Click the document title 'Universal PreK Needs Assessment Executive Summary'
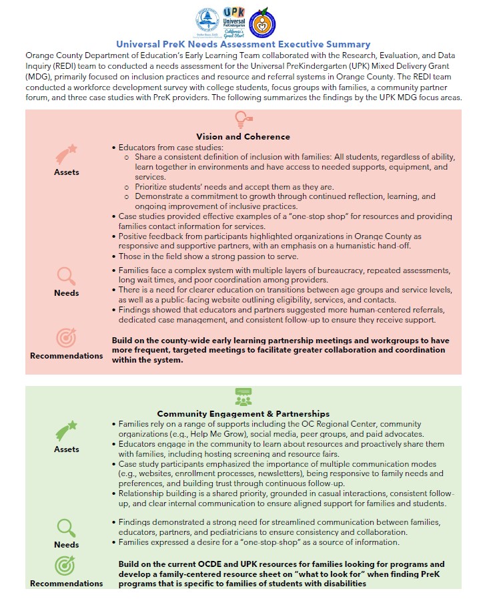[243, 44]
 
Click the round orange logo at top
[262, 22]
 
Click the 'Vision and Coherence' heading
[243, 136]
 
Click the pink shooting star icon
[66, 154]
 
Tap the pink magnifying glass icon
[66, 275]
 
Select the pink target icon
[66, 338]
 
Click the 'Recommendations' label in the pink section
[67, 356]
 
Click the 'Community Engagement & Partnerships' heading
[243, 413]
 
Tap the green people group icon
[243, 397]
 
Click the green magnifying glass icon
[66, 527]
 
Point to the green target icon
[66, 566]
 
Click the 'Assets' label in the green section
[66, 449]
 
